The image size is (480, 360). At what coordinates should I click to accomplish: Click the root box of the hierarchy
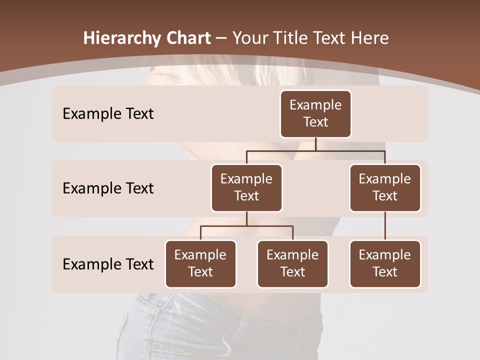coord(315,114)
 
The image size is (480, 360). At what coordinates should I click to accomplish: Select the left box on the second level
coord(246,188)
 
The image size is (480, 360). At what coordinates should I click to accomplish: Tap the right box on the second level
coord(385,188)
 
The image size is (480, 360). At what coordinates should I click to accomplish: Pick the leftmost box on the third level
coord(200,264)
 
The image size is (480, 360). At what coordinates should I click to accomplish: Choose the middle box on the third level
coord(292,264)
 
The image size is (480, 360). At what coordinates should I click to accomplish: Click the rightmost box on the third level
coord(385,264)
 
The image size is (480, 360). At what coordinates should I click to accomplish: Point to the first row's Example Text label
coord(108,114)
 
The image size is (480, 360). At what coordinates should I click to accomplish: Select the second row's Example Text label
coord(108,188)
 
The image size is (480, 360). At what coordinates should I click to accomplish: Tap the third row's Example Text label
coord(108,264)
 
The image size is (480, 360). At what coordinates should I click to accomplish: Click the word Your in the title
coord(248,38)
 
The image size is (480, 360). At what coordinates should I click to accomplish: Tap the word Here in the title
coord(370,38)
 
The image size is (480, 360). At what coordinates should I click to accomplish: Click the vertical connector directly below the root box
coord(315,144)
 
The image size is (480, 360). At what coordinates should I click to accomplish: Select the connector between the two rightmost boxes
coord(385,226)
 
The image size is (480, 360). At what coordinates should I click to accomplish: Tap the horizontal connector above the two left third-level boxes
coord(246,226)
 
